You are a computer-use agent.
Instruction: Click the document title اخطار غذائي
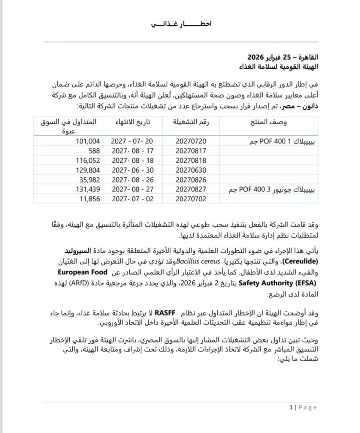click(x=181, y=24)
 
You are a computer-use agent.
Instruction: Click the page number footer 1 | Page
click(x=303, y=407)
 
